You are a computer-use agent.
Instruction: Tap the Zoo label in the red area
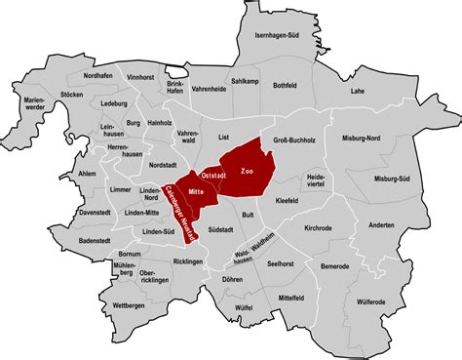[247, 171]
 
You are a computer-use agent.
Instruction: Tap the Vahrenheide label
[209, 89]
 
